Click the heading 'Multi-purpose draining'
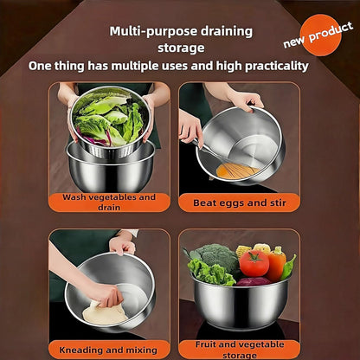coord(181,31)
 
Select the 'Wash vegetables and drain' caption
coord(108,202)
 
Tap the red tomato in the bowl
coord(254,262)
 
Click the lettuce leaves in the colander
coord(108,121)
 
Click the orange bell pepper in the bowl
coord(277,263)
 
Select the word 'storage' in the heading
coord(181,48)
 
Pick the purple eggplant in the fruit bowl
coord(253,281)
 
